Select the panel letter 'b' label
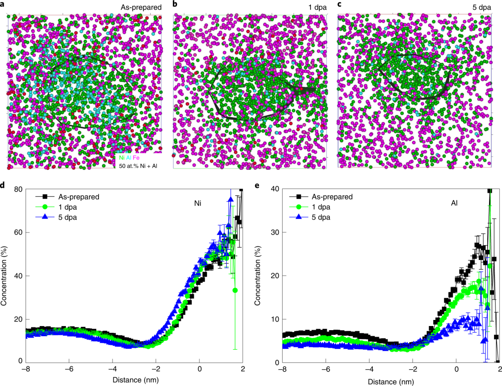tap(175, 5)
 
